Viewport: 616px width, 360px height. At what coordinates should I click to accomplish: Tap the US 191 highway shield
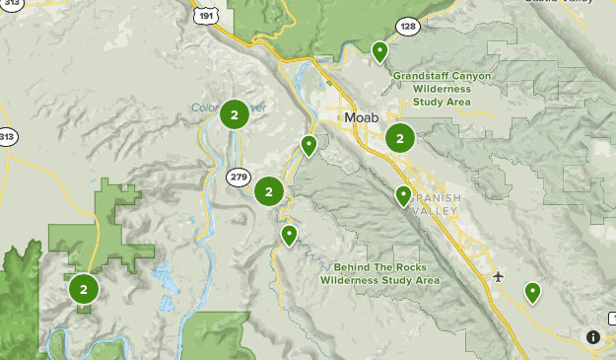204,15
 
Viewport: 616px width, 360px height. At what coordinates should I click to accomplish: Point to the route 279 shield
238,177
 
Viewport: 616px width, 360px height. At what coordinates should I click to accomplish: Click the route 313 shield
7,137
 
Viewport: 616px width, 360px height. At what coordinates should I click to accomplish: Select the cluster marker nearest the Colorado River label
234,115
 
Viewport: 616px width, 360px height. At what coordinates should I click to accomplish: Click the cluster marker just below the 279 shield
268,191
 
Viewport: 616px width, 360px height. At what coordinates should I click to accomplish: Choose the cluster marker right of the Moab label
399,138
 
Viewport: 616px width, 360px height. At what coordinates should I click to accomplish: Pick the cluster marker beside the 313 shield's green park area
84,289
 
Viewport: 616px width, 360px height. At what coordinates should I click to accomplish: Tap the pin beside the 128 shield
379,50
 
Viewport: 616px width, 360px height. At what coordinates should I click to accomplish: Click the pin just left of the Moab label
308,145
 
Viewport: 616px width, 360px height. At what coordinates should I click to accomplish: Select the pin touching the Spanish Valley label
403,195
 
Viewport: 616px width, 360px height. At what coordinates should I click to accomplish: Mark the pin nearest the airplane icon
532,291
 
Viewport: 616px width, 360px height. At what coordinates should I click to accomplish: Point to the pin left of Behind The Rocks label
289,235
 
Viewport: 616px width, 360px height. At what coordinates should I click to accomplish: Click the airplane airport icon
498,275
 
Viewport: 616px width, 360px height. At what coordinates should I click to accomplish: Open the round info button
593,337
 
